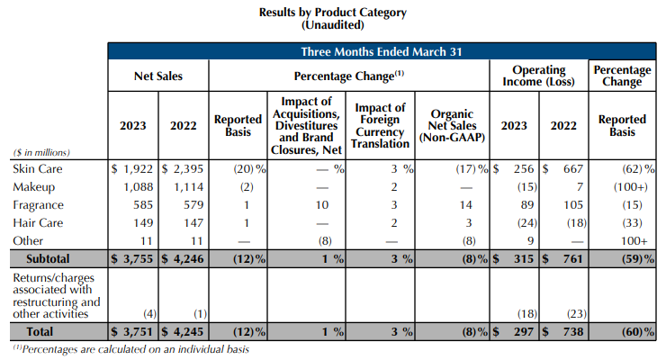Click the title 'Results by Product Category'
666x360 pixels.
tap(332, 13)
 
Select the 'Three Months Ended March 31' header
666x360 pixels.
tap(382, 51)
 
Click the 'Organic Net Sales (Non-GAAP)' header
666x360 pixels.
tap(454, 126)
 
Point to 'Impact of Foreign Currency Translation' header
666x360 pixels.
tap(381, 126)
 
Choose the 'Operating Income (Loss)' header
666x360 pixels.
tap(539, 76)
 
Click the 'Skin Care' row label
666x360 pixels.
tap(34, 169)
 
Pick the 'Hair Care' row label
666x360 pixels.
tap(36, 222)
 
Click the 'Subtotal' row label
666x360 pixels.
tap(38, 258)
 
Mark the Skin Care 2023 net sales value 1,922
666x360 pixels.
tap(136, 169)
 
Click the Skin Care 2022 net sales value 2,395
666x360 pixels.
tap(187, 169)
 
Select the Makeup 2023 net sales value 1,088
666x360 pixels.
tap(136, 186)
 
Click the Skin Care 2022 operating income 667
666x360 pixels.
tap(570, 169)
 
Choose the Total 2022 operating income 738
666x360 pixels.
tap(569, 331)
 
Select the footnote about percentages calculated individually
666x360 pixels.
tap(130, 349)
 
